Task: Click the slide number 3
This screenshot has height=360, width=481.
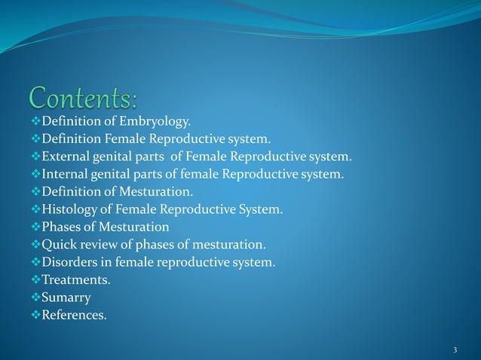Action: [455, 350]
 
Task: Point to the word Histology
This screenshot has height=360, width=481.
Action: [69, 209]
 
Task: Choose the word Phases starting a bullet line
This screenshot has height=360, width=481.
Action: [63, 227]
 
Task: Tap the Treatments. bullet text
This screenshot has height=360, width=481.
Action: [76, 279]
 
